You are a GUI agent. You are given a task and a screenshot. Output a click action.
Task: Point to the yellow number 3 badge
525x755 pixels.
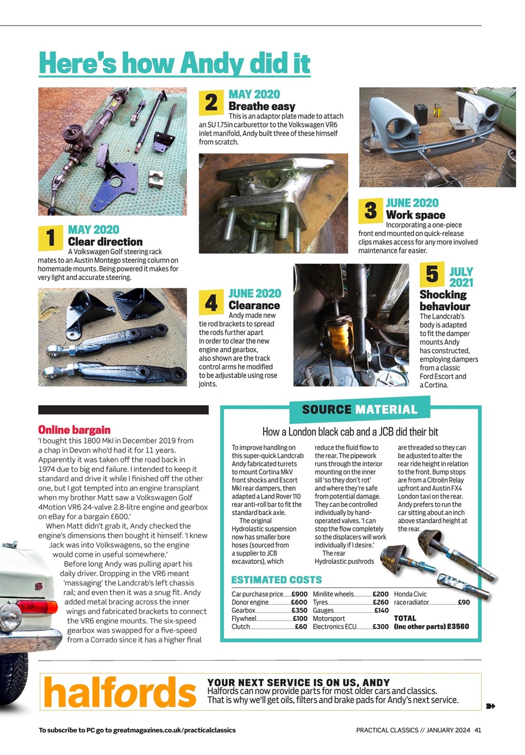click(x=370, y=211)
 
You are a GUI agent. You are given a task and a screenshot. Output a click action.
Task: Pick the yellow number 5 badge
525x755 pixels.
click(x=432, y=274)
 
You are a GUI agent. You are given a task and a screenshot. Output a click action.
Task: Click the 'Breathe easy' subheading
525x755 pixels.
click(x=261, y=106)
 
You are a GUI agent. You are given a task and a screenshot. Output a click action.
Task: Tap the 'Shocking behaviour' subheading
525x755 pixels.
click(x=444, y=300)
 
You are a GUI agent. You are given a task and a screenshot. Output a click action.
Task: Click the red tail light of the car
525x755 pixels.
click(x=37, y=606)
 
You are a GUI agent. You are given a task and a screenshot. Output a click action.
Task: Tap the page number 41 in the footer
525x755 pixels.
click(x=478, y=730)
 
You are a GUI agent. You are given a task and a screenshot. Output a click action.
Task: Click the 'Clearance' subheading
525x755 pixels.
click(x=254, y=305)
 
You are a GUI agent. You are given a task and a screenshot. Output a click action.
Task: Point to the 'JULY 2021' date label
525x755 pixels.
click(x=461, y=277)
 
